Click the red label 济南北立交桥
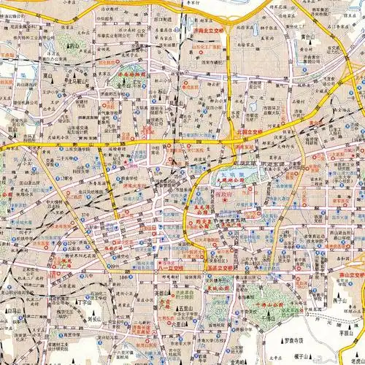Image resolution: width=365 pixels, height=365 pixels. pyautogui.click(x=208, y=32)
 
